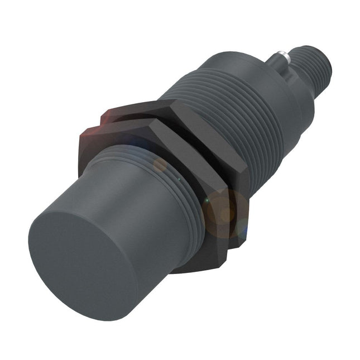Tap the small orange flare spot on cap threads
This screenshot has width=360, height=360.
161,164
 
